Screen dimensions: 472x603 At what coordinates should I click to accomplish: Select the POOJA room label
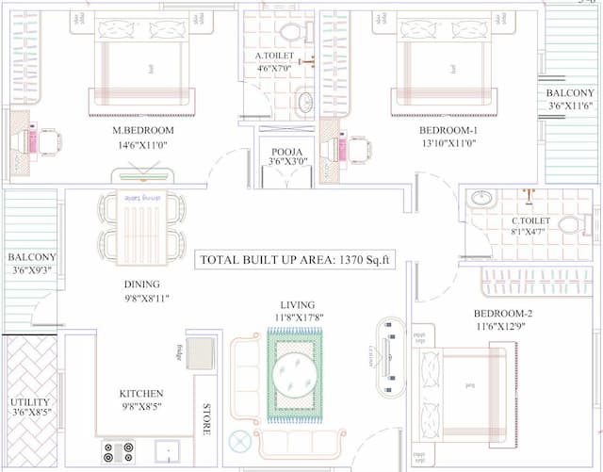285,151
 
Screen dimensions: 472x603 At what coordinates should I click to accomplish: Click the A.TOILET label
275,57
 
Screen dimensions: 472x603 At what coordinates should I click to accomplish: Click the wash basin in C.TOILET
481,199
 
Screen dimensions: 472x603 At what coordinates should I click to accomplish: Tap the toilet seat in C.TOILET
570,225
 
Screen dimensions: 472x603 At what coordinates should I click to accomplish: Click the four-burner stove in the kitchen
118,452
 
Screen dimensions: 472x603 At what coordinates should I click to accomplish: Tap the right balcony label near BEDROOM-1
570,93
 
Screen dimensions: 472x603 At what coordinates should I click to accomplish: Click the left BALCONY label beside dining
31,257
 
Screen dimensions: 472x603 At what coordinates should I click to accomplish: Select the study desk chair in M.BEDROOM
49,142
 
